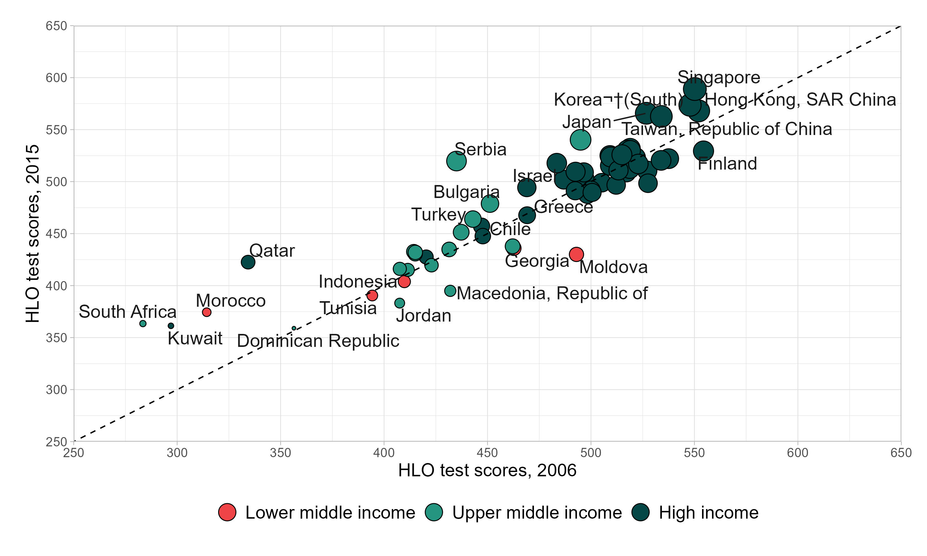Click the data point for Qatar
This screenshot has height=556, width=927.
click(x=248, y=262)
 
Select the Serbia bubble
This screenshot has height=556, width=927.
click(x=456, y=161)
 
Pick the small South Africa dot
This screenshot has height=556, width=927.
click(x=143, y=324)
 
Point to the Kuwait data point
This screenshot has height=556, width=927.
click(x=171, y=326)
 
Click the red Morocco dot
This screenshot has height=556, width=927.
click(x=206, y=312)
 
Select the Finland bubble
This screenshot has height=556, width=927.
click(x=703, y=151)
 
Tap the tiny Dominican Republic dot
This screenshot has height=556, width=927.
click(x=294, y=328)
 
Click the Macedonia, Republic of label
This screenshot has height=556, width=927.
click(x=552, y=293)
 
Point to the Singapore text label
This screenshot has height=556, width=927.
click(x=719, y=78)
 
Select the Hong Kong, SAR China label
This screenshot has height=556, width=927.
click(x=800, y=100)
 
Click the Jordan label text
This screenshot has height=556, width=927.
click(x=423, y=316)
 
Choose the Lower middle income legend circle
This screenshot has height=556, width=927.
click(x=227, y=512)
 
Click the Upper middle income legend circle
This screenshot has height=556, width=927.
click(x=434, y=512)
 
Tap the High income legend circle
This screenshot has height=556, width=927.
click(x=640, y=512)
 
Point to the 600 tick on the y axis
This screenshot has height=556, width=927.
click(x=56, y=78)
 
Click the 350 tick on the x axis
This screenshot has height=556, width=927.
click(x=280, y=453)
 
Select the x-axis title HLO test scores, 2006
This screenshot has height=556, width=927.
click(x=487, y=470)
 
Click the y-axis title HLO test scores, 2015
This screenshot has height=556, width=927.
click(x=33, y=234)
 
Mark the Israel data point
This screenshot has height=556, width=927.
click(x=527, y=187)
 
